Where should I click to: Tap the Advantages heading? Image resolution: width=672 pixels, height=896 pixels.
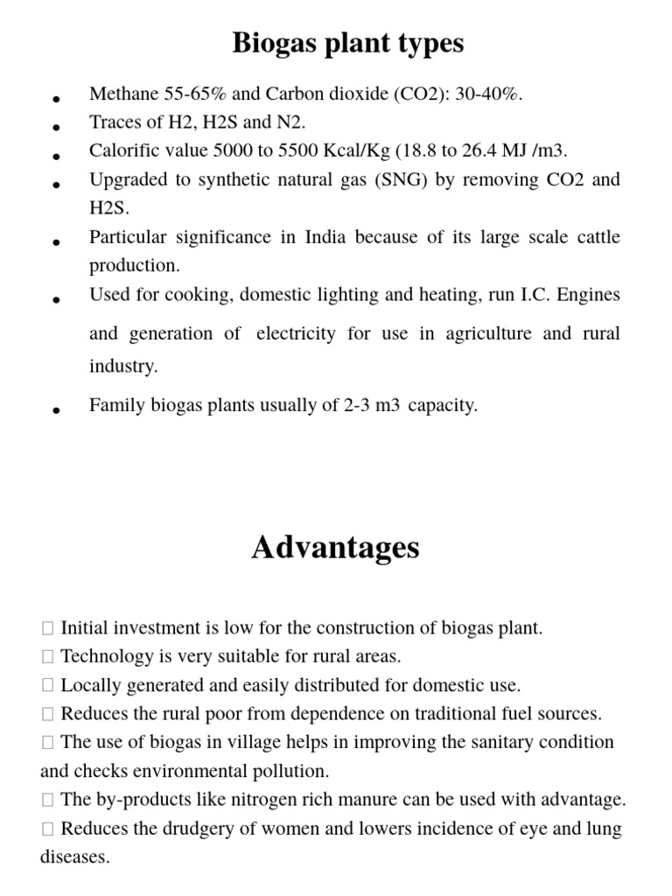coord(335,548)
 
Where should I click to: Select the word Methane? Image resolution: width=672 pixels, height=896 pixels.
coord(122,94)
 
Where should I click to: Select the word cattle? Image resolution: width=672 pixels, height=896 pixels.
coord(596,237)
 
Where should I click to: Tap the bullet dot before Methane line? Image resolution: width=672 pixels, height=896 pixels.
coord(56,100)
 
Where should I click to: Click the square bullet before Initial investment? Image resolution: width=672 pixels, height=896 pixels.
coord(47,628)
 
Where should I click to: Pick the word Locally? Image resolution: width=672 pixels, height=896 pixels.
coord(89,685)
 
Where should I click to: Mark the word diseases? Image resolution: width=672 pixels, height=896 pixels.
coord(74,857)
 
